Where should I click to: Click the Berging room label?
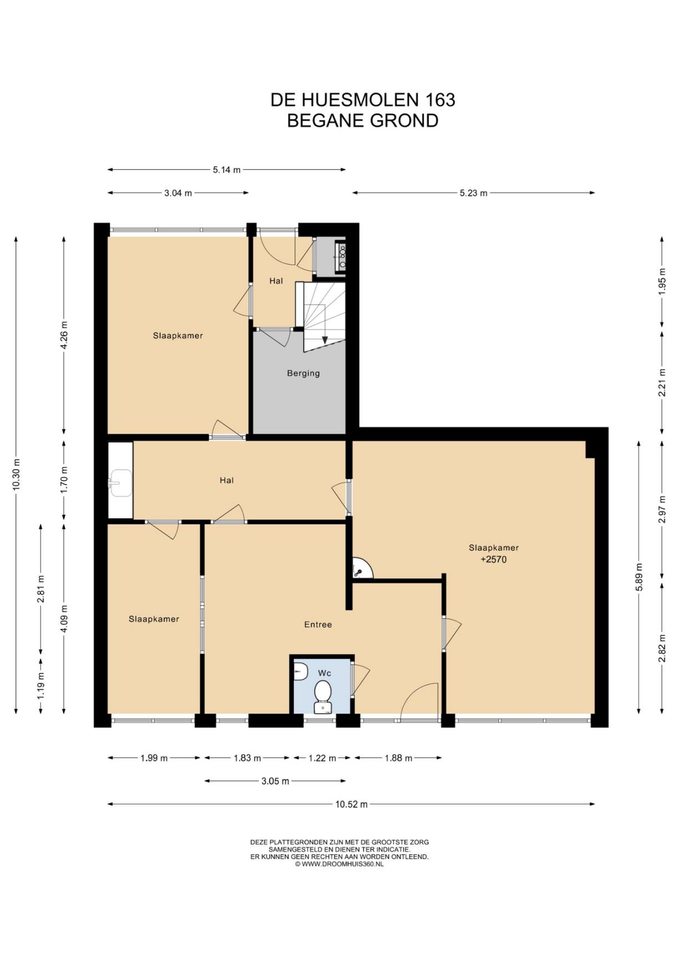[303, 373]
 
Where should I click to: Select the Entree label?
[318, 624]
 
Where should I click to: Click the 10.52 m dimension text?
[351, 804]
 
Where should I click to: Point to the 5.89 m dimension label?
[639, 577]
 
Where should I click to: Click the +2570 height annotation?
[494, 559]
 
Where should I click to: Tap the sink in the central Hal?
[120, 482]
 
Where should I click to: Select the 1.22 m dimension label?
[322, 758]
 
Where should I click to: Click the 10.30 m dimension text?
[17, 475]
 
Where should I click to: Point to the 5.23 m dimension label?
[473, 193]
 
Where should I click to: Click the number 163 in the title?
[440, 100]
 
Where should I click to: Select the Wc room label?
[325, 673]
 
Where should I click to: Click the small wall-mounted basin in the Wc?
[301, 672]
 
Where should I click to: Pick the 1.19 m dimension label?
[41, 687]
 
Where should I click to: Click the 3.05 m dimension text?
[275, 781]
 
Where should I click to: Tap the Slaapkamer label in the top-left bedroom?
[178, 335]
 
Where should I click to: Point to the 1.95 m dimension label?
[662, 282]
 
